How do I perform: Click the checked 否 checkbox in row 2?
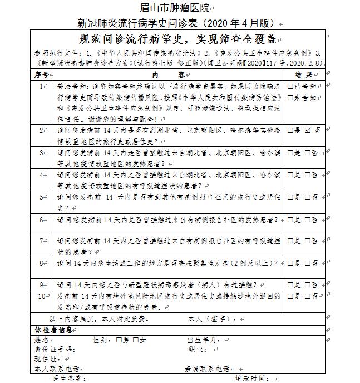[308, 130]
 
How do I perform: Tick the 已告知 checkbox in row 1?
[290, 87]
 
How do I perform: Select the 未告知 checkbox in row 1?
[290, 97]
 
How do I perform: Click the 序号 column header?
[42, 74]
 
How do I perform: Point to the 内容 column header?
[166, 74]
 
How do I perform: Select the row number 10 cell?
[42, 296]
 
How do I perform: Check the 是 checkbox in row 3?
[290, 152]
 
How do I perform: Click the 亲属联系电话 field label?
[209, 369]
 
